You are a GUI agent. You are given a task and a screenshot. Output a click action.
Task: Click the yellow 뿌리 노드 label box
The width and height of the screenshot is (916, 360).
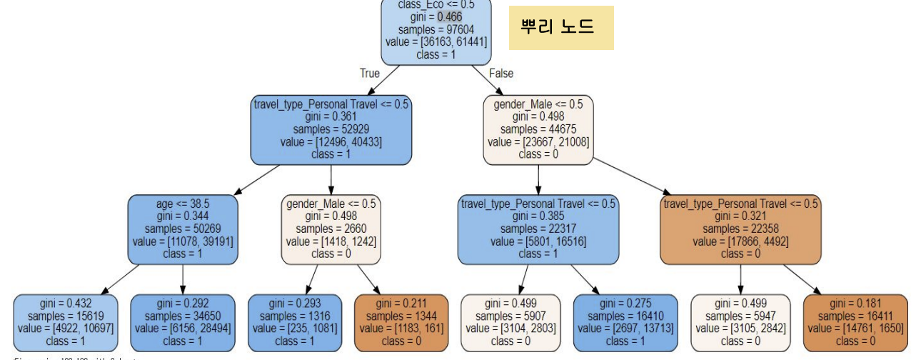pyautogui.click(x=561, y=28)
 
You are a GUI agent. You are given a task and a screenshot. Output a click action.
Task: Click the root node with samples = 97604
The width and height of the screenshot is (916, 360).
pyautogui.click(x=436, y=31)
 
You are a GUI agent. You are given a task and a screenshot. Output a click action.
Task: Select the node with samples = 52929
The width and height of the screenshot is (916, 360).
pyautogui.click(x=331, y=129)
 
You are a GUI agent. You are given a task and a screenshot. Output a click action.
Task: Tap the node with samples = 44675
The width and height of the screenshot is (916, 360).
pyautogui.click(x=539, y=129)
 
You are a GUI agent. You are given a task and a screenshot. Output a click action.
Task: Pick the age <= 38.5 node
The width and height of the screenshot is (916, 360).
pyautogui.click(x=183, y=229)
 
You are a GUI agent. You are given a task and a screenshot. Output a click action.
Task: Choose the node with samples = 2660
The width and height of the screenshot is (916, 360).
pyautogui.click(x=332, y=229)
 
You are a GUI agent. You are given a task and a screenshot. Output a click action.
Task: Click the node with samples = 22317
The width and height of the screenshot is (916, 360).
pyautogui.click(x=539, y=229)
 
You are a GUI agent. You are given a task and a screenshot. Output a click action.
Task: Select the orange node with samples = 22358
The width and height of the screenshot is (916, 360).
pyautogui.click(x=741, y=229)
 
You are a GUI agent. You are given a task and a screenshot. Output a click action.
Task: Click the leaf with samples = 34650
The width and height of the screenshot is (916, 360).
pyautogui.click(x=183, y=322)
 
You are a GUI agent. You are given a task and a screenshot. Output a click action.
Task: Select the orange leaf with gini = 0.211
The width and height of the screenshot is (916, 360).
pyautogui.click(x=401, y=322)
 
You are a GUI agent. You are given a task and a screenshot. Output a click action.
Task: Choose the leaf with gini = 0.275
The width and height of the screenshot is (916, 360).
pyautogui.click(x=625, y=322)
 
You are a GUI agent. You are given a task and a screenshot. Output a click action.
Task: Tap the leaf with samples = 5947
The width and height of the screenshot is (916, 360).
pyautogui.click(x=740, y=322)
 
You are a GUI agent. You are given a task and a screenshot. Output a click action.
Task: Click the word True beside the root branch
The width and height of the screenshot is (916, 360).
pyautogui.click(x=370, y=73)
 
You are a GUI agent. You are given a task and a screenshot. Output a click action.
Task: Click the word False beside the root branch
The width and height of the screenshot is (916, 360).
pyautogui.click(x=501, y=73)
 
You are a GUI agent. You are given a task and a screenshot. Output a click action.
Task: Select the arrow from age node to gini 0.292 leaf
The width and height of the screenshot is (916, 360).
pyautogui.click(x=183, y=277)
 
